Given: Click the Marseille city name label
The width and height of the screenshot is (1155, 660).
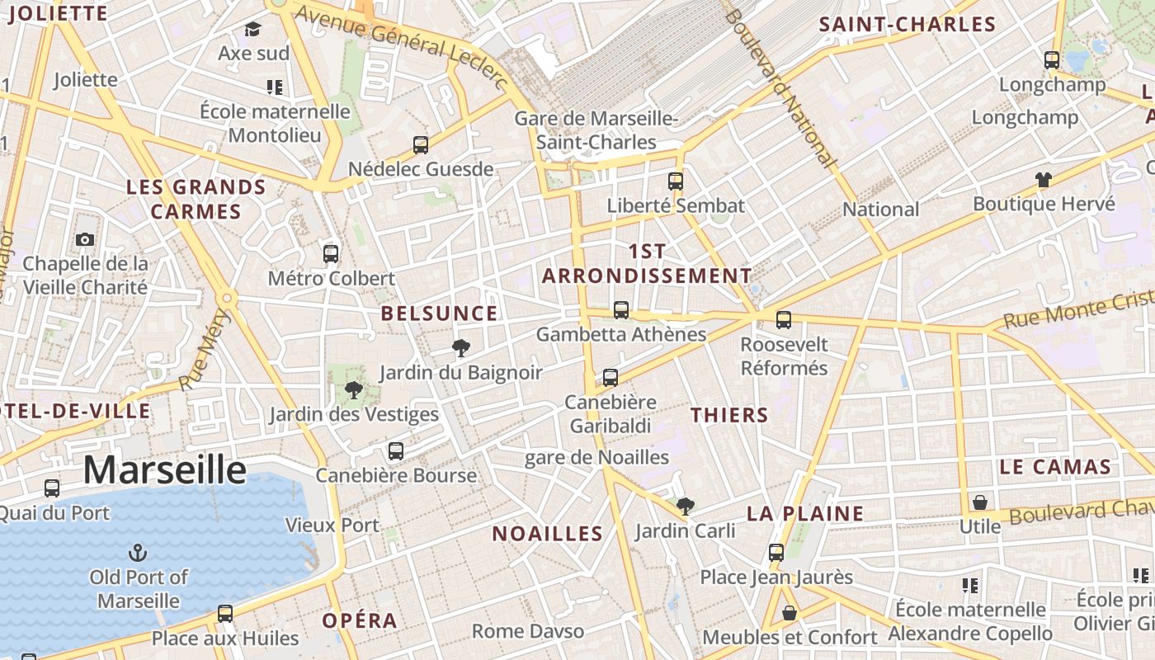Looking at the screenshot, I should point(164,469).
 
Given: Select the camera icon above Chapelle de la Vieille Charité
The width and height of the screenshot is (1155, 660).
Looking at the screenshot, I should point(84,240).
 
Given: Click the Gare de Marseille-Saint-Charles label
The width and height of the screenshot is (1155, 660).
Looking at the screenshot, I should point(596,130).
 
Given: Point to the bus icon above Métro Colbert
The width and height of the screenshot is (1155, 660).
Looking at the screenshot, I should point(331,253).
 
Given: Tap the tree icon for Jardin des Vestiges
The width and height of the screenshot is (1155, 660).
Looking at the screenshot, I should point(354,389).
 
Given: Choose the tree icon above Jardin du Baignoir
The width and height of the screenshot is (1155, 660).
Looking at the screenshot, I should point(461,348).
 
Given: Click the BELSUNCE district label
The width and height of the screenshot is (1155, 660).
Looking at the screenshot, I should point(439,313).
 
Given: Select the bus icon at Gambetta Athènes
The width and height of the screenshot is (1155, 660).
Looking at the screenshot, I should point(621,310).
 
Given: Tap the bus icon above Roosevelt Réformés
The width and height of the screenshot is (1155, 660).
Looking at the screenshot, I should point(784,319).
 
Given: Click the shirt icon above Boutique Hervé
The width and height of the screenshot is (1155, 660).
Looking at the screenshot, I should point(1044,179).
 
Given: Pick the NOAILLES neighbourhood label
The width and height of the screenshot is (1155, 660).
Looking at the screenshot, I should point(548,534).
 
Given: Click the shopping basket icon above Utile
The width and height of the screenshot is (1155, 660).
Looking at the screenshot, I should point(980,502).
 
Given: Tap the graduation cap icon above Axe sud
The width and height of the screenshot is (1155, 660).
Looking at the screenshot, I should point(253,30).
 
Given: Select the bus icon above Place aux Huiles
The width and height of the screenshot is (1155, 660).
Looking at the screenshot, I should point(225,613).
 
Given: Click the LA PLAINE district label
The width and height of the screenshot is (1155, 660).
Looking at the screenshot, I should point(805,513).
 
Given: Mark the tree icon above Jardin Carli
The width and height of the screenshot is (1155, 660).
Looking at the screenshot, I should point(685,506).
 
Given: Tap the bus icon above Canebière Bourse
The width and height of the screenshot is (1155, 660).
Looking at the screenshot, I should point(396,451).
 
